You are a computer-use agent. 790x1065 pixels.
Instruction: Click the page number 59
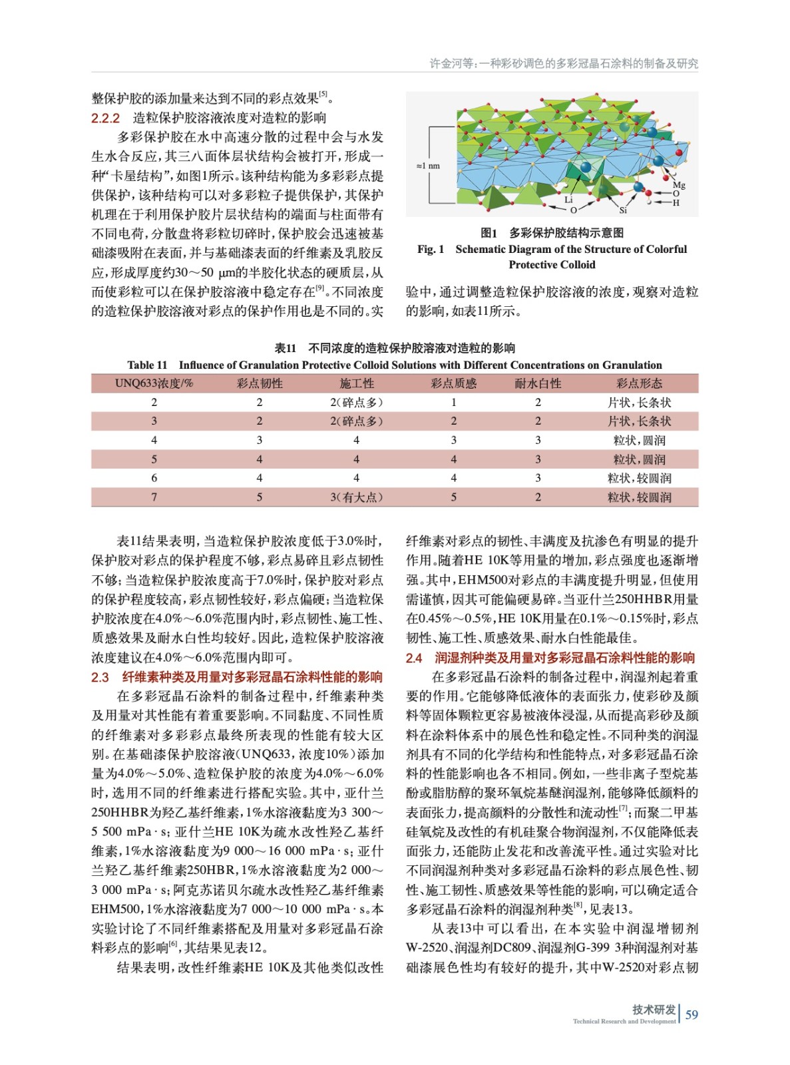pos(691,1014)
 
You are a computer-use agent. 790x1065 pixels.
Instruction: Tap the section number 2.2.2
pos(105,118)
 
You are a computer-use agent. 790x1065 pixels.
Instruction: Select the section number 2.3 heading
pos(100,677)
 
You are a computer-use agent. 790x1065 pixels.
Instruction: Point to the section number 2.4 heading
pos(414,658)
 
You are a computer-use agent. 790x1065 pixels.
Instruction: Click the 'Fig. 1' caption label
pos(431,249)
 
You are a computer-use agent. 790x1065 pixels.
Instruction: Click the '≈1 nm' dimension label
pos(428,166)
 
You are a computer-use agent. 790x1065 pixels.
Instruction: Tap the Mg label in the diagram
pos(679,185)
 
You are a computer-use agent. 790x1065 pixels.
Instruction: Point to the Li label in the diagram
pos(568,199)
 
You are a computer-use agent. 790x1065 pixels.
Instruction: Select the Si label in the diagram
pos(623,210)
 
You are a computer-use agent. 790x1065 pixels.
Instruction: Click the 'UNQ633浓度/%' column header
pos(154,383)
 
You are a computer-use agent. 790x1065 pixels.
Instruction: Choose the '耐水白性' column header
pos(538,383)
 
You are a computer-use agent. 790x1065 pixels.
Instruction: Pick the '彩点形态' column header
pos(639,383)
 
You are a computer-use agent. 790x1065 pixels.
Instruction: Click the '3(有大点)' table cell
pos(356,497)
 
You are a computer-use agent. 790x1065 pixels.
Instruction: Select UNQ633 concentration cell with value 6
pos(154,478)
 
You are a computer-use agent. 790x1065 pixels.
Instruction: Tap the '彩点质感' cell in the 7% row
pos(453,497)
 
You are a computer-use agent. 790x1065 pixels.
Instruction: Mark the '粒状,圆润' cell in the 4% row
pos(639,440)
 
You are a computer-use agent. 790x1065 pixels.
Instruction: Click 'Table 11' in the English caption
pos(147,365)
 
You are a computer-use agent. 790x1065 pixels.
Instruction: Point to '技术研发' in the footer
pos(654,1009)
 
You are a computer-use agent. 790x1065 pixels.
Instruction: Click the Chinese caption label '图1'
pos(489,232)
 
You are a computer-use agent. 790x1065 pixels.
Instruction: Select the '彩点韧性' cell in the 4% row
pos(259,440)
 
